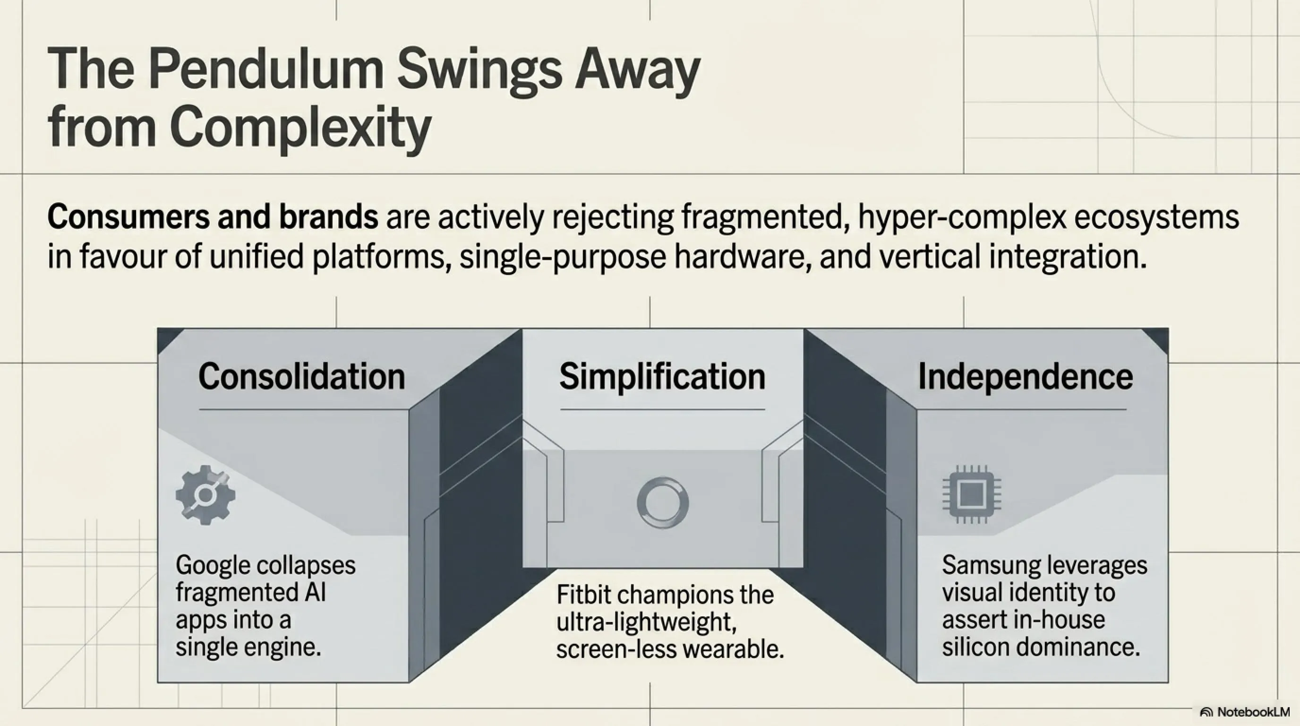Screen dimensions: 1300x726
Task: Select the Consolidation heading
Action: [301, 377]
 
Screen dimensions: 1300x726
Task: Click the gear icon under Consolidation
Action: [205, 495]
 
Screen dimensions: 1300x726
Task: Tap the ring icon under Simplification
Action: [663, 503]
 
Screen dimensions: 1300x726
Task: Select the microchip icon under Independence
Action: [972, 494]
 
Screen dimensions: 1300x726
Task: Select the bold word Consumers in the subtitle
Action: [128, 217]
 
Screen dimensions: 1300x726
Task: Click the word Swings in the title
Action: [479, 71]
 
